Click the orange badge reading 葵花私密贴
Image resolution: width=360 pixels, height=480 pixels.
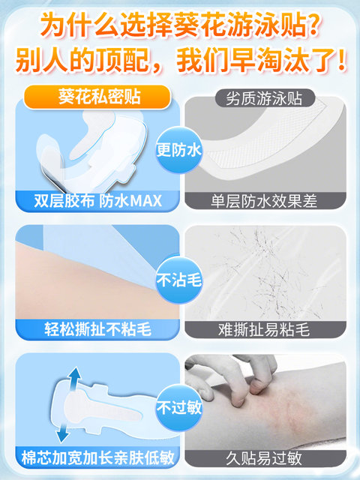pos(97,97)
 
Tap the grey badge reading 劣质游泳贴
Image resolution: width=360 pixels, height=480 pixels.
pos(265,98)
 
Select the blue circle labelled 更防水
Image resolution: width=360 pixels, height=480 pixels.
pos(179,150)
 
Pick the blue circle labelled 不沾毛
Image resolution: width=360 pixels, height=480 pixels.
pos(179,280)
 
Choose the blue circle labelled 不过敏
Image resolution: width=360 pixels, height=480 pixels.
pos(179,408)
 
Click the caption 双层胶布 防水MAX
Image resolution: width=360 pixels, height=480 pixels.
pos(97,201)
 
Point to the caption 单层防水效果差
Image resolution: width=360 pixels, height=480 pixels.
pos(264,201)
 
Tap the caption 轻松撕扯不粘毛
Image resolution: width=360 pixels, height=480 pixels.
pos(97,330)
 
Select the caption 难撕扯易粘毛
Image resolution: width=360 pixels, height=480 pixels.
pos(264,330)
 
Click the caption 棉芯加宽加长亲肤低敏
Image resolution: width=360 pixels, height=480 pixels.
pos(97,457)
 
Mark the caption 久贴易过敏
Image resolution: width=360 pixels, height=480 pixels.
pos(264,458)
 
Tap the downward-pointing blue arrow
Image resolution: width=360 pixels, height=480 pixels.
pos(64,431)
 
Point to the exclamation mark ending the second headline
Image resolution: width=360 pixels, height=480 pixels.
pos(343,60)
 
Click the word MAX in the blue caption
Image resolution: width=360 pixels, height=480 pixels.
pos(145,201)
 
